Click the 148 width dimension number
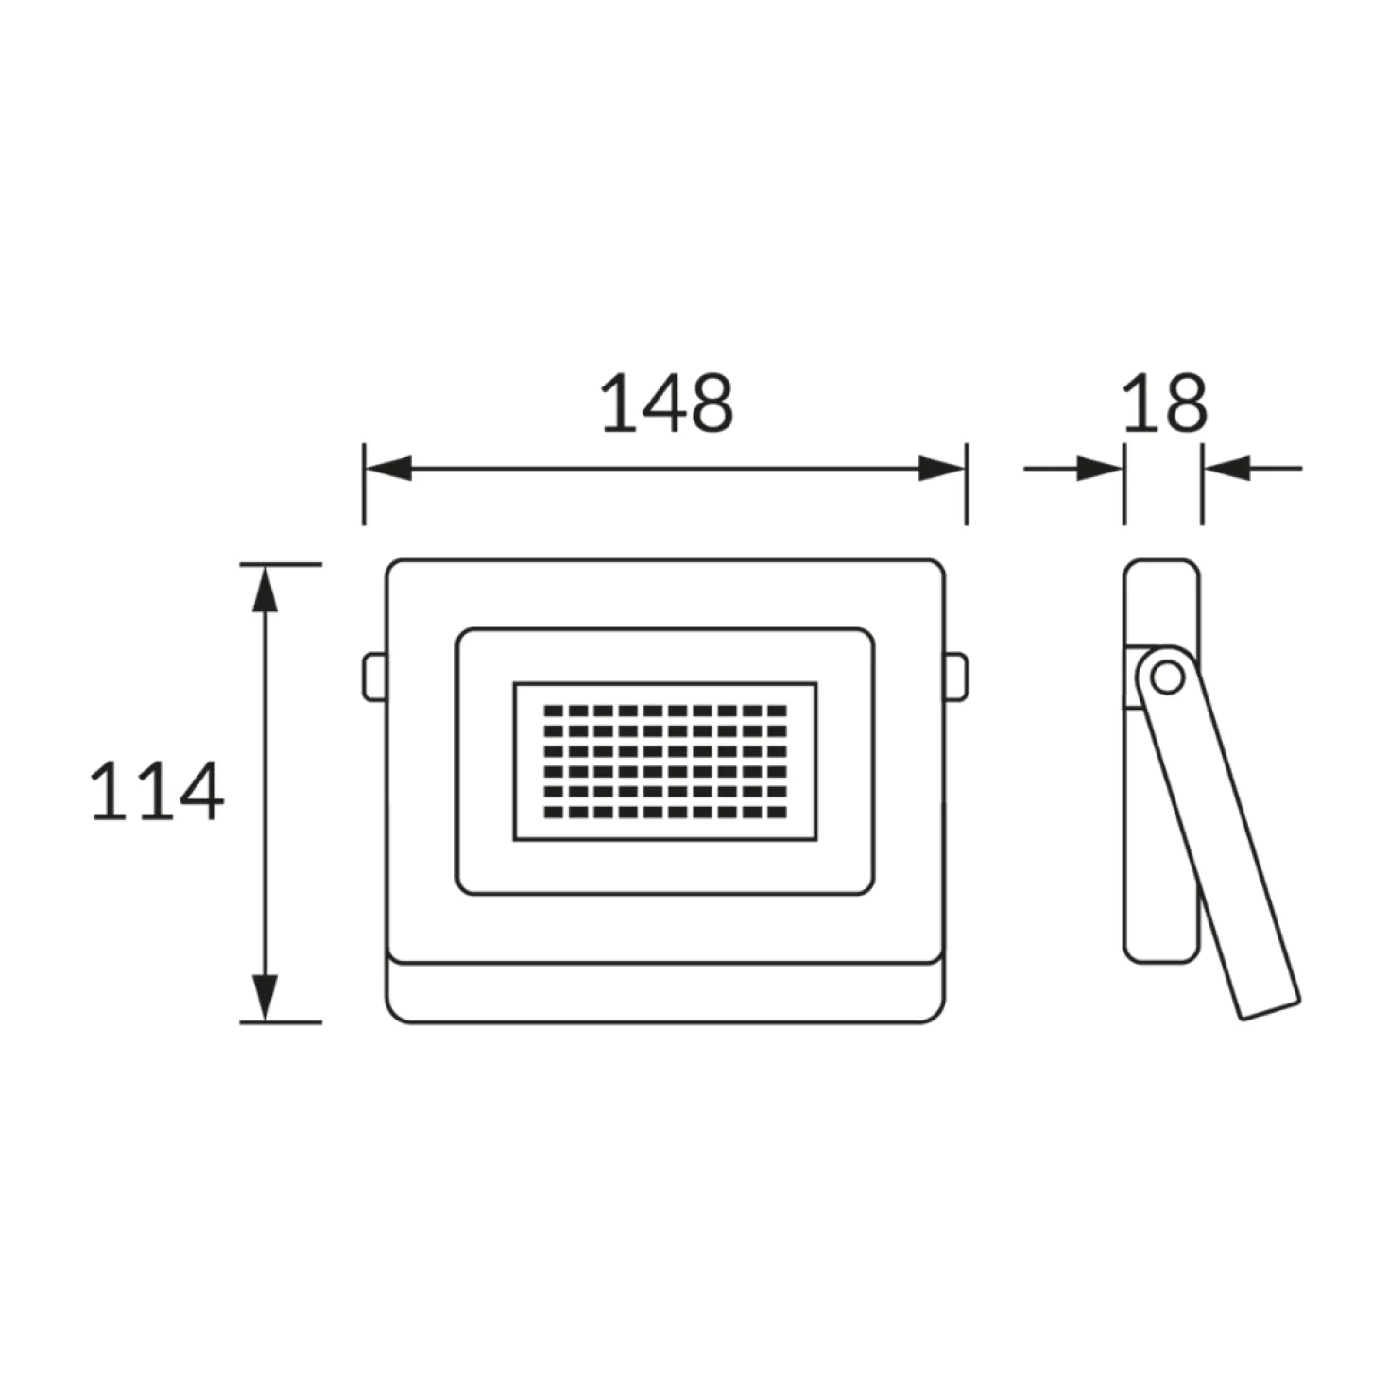(x=667, y=403)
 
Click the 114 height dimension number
(x=157, y=791)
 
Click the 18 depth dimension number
(x=1164, y=403)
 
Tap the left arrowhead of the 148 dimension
(x=387, y=469)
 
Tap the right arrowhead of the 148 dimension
(x=941, y=469)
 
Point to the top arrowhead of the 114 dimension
(x=266, y=589)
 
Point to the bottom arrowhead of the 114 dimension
(x=266, y=997)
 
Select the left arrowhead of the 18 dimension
(x=1100, y=469)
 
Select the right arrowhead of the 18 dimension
(x=1226, y=469)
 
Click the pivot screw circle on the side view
(x=1168, y=677)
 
